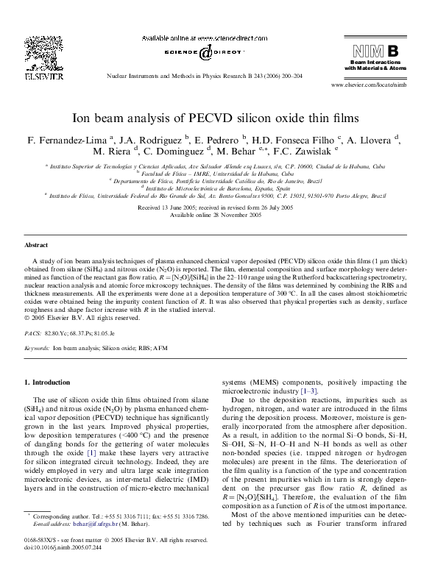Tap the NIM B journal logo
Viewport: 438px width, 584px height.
point(375,51)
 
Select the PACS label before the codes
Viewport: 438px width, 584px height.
point(34,332)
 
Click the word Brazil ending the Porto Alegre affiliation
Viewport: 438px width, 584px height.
point(378,196)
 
